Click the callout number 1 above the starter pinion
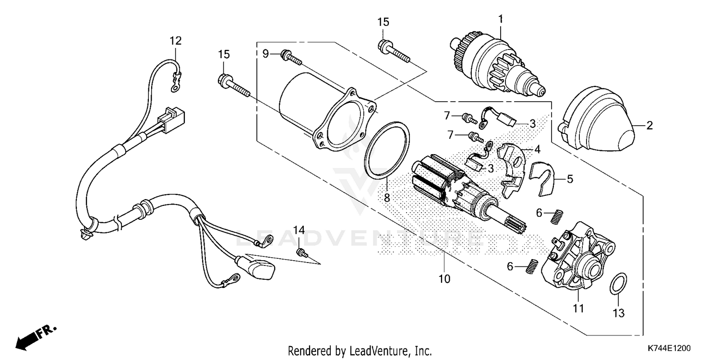point(500,19)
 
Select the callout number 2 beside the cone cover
point(649,126)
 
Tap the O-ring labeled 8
point(388,148)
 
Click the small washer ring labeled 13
point(618,285)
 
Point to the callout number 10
point(444,278)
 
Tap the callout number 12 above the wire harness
point(175,41)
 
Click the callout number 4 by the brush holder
point(537,149)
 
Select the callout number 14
point(299,230)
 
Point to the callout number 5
point(570,180)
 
